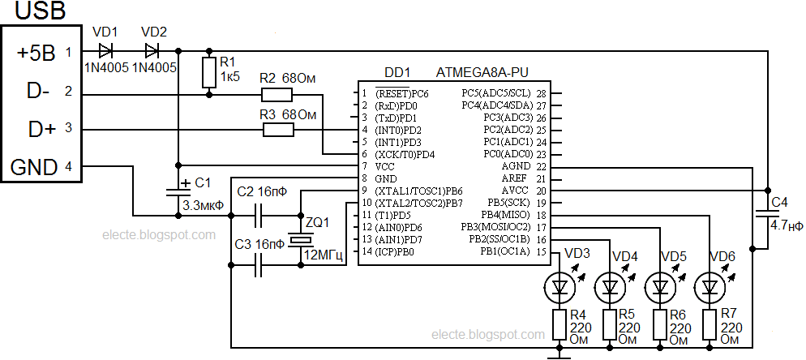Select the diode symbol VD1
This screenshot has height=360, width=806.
[x=105, y=51]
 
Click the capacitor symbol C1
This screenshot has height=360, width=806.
[x=178, y=191]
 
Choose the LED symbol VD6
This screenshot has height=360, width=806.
[x=710, y=285]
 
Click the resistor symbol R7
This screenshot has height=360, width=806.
[x=710, y=324]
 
